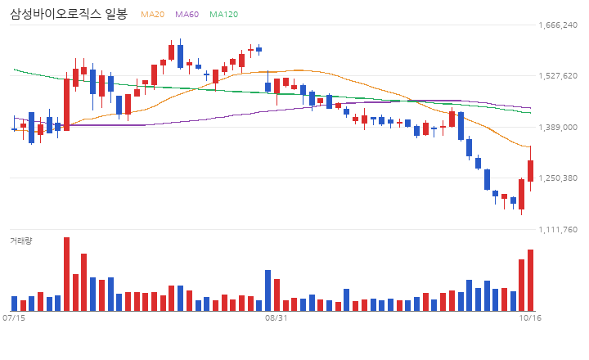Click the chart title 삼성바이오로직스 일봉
pos(69,14)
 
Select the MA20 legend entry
pos(152,14)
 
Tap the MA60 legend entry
pos(187,14)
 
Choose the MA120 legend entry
pos(223,14)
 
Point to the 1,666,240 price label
pos(558,25)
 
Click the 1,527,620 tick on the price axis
pos(558,76)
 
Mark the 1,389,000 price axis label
pos(558,128)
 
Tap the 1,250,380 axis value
pos(558,178)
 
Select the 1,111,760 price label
pos(558,230)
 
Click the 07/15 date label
pos(14,318)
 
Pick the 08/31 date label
pos(277,318)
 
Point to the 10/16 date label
pos(530,318)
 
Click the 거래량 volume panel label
pos(21,241)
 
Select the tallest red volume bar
pos(66,274)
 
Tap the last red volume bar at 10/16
pos(530,281)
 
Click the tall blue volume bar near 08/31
pos(268,290)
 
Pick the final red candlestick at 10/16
pos(530,171)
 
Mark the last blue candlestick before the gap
pos(259,49)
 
